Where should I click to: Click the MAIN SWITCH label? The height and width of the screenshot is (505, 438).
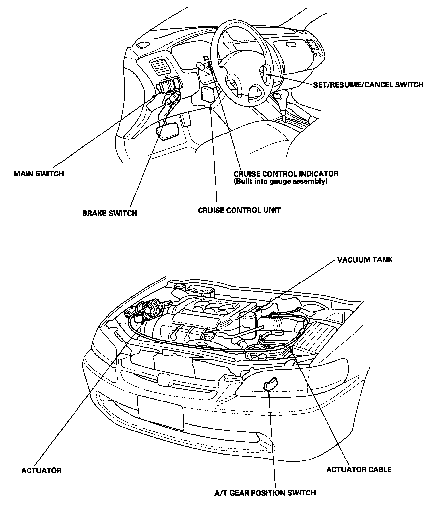(x=39, y=173)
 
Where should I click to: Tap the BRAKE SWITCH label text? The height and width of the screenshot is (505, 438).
(x=109, y=213)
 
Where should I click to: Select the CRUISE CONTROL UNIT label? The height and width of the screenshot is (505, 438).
(x=239, y=210)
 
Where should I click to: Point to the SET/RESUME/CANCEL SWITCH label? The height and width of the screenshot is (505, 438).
(x=368, y=85)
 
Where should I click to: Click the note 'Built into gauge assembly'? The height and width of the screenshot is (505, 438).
(x=280, y=181)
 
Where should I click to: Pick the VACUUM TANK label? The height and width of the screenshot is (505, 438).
(x=365, y=260)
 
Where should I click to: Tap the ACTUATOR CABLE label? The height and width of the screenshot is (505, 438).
(x=359, y=469)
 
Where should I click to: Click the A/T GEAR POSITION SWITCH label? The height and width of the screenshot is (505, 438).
(x=265, y=493)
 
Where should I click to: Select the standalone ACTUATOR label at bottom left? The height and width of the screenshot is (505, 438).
(x=42, y=470)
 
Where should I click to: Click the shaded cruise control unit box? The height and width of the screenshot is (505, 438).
(x=208, y=94)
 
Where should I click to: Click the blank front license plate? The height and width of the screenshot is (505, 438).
(x=161, y=412)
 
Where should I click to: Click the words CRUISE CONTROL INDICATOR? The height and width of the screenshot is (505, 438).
(x=286, y=174)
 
